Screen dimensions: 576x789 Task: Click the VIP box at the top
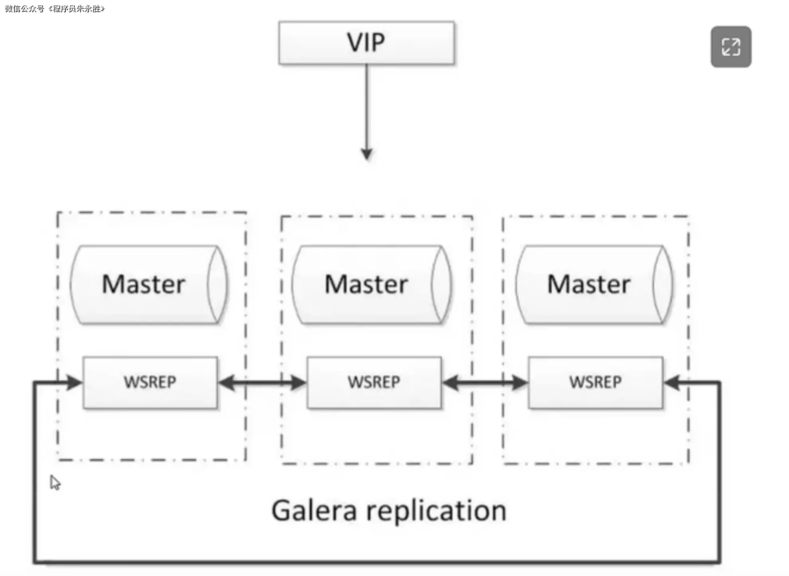366,43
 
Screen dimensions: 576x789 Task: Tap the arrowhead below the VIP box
367,154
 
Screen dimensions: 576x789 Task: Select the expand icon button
731,47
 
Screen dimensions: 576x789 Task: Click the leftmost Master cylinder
143,284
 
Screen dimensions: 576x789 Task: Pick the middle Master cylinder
366,284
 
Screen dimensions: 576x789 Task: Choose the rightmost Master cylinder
589,284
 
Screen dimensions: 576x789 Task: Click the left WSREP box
150,382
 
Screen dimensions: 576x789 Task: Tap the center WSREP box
374,382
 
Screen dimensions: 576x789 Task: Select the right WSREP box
595,382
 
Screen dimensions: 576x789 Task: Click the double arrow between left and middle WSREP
262,383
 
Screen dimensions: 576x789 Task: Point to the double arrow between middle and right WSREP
485,383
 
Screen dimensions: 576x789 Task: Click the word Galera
314,511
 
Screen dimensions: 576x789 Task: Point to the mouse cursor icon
55,483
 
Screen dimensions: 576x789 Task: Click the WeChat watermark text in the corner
55,8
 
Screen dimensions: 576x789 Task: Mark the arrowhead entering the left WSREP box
74,383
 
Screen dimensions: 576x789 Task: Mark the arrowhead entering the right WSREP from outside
672,383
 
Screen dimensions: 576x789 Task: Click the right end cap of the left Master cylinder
218,284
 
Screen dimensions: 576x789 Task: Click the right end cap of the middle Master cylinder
441,284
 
